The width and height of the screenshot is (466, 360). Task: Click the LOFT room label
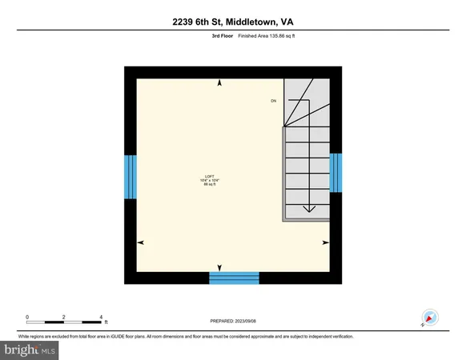(209, 175)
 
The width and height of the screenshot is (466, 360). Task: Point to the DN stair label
(273, 101)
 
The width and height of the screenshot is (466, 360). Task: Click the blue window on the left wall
(131, 175)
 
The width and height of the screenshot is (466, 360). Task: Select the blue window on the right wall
(336, 173)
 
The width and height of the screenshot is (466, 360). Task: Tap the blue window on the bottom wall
(234, 278)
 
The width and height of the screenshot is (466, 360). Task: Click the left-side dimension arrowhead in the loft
(141, 242)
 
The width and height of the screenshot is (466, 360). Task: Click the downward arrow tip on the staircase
(308, 210)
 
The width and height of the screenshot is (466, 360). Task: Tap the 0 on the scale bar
(27, 317)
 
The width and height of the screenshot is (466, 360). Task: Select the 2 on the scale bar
(64, 317)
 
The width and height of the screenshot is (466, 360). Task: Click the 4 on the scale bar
(101, 317)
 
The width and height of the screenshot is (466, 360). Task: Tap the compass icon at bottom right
(428, 317)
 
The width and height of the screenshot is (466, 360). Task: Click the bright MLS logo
(30, 350)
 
